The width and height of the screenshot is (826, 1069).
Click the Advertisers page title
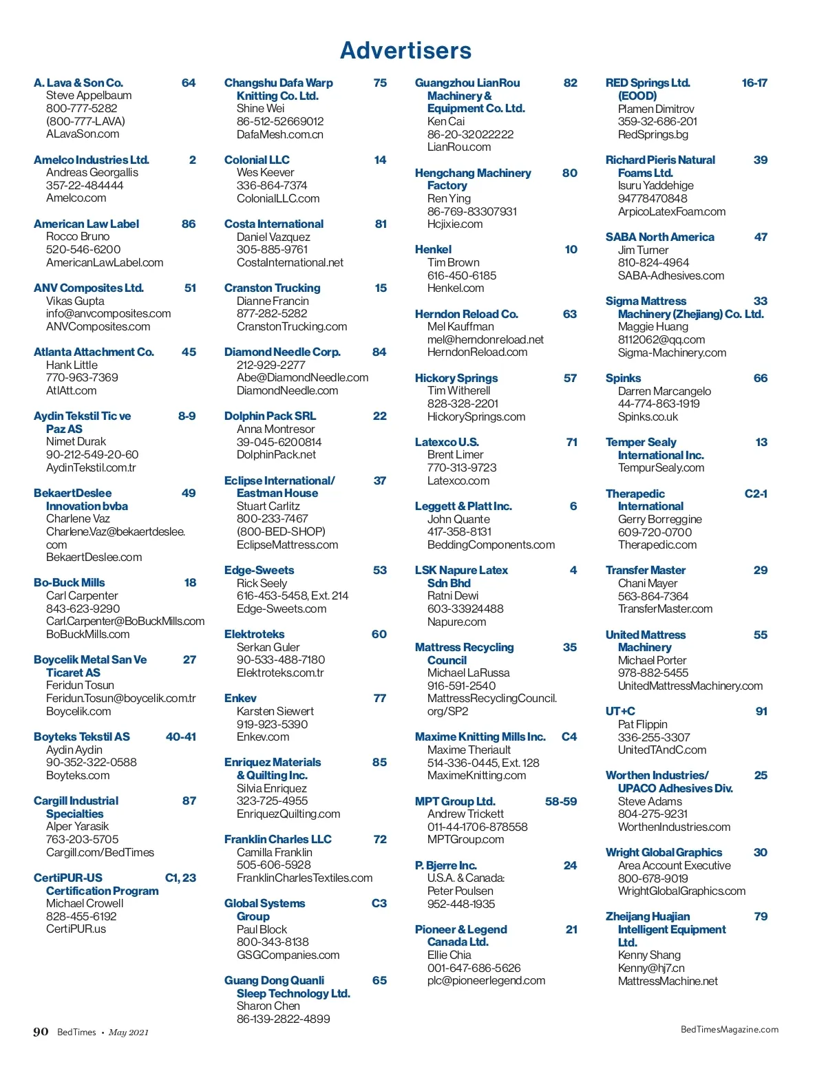tap(405, 50)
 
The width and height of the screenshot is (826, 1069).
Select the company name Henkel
tap(433, 249)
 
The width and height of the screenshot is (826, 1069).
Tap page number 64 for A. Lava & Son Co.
tap(188, 83)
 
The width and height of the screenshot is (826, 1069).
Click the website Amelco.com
tap(76, 198)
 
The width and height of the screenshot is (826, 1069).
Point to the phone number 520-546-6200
tap(83, 249)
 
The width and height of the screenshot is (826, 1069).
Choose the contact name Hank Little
tap(72, 365)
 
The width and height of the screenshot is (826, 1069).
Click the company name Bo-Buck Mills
tap(69, 582)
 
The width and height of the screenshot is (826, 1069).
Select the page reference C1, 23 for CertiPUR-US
tap(180, 878)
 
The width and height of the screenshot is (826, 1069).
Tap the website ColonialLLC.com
tap(277, 198)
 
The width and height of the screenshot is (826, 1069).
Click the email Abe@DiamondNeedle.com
tap(302, 377)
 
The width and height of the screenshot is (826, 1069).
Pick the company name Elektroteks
tap(254, 634)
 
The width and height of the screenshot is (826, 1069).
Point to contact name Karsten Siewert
tap(275, 711)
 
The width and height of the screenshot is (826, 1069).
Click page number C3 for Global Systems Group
tap(379, 903)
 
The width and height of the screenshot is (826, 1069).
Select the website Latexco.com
tap(458, 480)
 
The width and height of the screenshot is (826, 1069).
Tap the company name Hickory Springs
tap(456, 378)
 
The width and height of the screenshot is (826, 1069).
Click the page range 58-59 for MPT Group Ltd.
tap(560, 801)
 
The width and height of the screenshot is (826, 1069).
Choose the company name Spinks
tap(623, 378)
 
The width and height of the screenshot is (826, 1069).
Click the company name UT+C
tap(620, 711)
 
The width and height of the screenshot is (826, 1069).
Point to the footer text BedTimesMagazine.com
tap(729, 1029)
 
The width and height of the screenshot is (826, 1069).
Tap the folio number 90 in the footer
tap(41, 1031)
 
